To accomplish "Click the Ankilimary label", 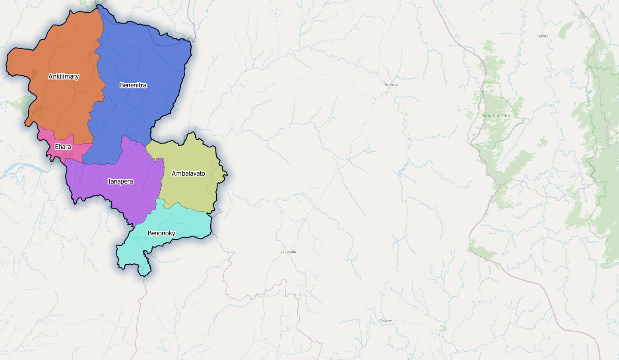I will coord(64,76).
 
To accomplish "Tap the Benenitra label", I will coord(133,85).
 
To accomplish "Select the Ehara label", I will coord(63,147).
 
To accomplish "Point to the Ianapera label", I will coord(120,182).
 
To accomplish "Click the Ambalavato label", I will coord(188,173).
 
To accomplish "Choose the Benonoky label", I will coord(161,233).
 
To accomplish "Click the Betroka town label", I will coord(392,85).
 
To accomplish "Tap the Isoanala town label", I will coord(289,252).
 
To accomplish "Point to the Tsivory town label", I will coord(386,321).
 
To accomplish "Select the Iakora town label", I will coord(543,36).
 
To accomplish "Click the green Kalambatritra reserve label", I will coord(497,116).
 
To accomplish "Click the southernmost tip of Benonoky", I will coord(144,275).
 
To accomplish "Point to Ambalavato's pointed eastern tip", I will coord(227,174).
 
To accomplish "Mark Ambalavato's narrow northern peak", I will coord(193,133).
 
